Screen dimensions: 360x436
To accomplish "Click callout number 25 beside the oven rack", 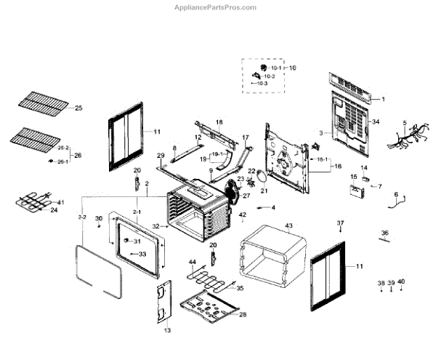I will (x=78, y=108).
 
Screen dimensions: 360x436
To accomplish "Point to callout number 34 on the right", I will (x=376, y=121).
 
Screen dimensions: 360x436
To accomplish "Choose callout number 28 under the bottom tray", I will (x=243, y=314).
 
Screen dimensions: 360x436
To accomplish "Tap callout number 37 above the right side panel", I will (x=340, y=222).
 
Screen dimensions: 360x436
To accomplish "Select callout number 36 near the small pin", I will (x=385, y=233).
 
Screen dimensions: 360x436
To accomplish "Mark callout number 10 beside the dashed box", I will (x=293, y=68).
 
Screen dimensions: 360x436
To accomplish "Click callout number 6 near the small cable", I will (x=396, y=194).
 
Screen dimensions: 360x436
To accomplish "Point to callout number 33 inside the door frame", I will (x=142, y=254).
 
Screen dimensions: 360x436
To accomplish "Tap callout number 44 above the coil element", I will (x=193, y=262).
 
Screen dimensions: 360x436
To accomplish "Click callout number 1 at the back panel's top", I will (x=384, y=98).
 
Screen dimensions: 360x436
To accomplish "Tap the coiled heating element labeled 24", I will (x=29, y=201).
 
